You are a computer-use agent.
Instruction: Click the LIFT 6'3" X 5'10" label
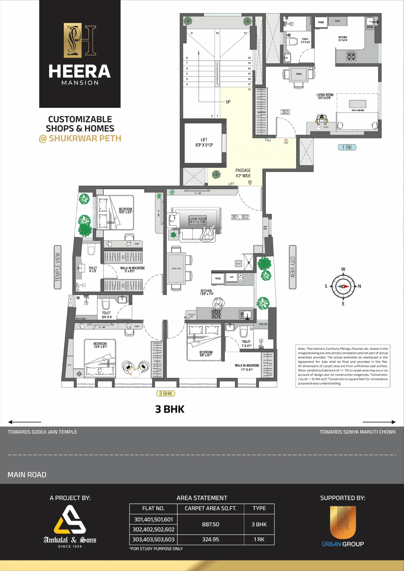[204, 142]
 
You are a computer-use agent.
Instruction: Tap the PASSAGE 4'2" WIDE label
[243, 173]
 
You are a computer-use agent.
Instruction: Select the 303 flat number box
[285, 112]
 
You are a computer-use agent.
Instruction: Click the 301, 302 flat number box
[240, 217]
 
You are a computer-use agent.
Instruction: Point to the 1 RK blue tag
[347, 147]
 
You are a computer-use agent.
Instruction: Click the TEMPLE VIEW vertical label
[57, 267]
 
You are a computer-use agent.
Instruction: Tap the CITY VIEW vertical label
[292, 267]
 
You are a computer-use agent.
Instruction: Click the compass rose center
[343, 286]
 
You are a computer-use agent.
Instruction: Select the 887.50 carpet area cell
[210, 524]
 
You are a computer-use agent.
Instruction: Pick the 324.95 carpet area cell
[210, 539]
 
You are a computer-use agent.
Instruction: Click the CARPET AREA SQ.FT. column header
[210, 509]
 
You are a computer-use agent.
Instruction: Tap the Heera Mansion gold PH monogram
[80, 40]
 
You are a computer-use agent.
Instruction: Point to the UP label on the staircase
[228, 102]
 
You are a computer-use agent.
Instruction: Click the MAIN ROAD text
[27, 475]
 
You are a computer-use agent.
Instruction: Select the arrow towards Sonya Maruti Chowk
[379, 422]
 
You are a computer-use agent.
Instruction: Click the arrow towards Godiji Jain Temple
[25, 422]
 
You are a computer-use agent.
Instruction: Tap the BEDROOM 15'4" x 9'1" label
[100, 345]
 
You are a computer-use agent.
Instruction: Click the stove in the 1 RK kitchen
[351, 56]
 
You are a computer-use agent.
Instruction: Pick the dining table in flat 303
[299, 74]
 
